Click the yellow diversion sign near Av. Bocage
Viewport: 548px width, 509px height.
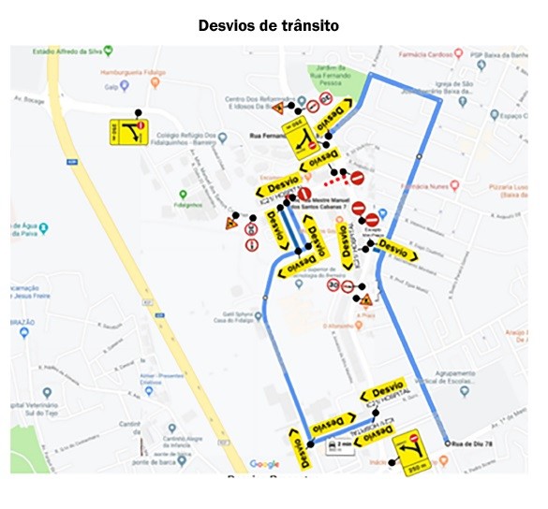tap(128, 132)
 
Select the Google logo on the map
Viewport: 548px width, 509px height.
tap(264, 464)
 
